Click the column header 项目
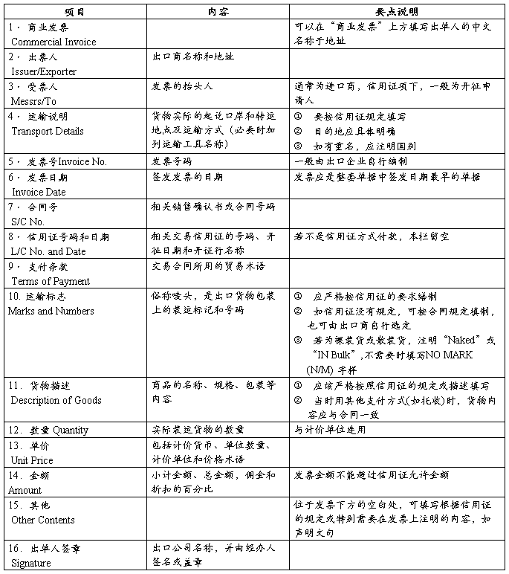pos(74,13)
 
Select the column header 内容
pos(218,13)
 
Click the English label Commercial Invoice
pos(54,42)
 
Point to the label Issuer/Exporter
pos(44,71)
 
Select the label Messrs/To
pos(34,101)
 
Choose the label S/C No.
pos(28,222)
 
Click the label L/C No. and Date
pos(47,251)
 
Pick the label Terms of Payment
pos(51,281)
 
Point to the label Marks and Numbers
pos(51,311)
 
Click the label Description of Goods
pos(56,400)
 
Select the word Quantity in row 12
pos(71,430)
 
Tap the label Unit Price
pos(32,460)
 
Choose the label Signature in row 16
pos(31,563)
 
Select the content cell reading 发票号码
pos(172,161)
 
